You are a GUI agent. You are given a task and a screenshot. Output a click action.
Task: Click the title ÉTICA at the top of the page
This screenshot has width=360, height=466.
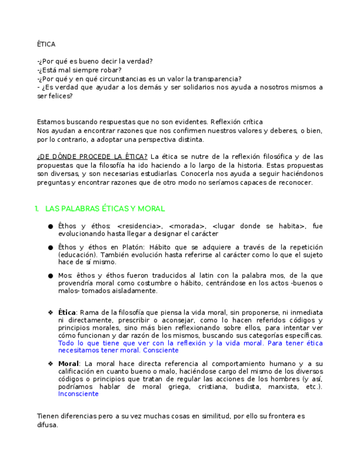click(x=46, y=44)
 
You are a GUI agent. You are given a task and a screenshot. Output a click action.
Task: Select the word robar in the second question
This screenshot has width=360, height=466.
click(x=112, y=70)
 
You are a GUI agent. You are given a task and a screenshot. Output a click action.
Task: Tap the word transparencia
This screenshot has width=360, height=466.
click(x=214, y=79)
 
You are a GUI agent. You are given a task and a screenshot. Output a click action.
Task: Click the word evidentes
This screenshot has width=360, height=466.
click(x=190, y=121)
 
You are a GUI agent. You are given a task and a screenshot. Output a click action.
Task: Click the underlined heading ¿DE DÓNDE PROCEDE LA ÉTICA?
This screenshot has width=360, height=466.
click(x=92, y=156)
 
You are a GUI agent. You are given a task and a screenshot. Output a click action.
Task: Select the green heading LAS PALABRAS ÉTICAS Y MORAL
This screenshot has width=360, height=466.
click(x=105, y=209)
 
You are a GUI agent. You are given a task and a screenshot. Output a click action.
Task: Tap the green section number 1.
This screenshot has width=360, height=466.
click(x=36, y=209)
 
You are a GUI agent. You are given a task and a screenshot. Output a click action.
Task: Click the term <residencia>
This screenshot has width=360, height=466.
click(x=140, y=226)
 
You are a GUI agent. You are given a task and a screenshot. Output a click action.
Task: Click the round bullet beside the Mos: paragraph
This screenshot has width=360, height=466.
click(x=51, y=275)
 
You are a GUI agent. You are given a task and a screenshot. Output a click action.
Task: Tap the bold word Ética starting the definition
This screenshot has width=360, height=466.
click(x=67, y=312)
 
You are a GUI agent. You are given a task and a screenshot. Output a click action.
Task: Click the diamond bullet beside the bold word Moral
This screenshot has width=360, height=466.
click(x=51, y=364)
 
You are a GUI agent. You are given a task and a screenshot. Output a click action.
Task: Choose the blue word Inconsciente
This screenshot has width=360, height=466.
click(x=78, y=393)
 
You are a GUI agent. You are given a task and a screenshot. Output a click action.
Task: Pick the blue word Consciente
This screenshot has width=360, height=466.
click(x=160, y=350)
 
